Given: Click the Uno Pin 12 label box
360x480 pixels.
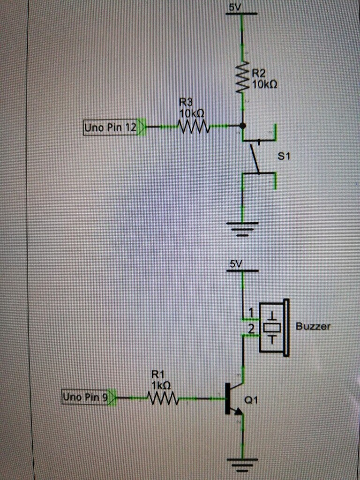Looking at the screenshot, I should [x=111, y=127].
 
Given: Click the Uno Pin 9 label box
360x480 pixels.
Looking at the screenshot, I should [x=85, y=397].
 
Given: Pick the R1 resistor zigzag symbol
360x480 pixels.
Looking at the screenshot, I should [x=163, y=399].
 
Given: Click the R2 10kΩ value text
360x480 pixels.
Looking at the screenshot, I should [x=264, y=85].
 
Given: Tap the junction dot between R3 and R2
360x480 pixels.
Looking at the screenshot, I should [x=242, y=126].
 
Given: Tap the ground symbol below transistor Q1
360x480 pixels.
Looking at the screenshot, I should [x=243, y=464].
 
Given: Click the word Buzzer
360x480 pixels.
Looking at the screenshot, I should [x=313, y=326].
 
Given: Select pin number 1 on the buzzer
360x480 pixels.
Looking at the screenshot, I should [x=251, y=312].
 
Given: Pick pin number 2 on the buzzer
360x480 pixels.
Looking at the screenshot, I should [x=251, y=330].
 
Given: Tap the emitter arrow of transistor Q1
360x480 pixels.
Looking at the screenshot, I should [x=239, y=411].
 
